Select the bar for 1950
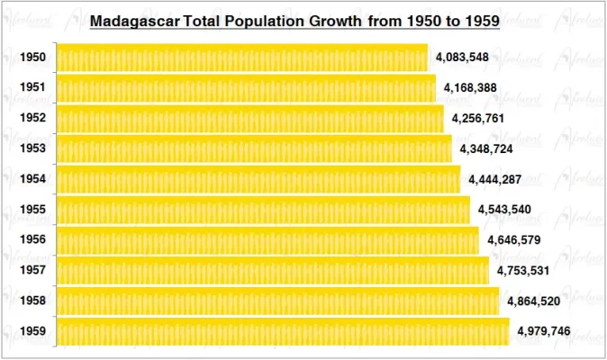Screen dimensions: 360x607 (x=242, y=58)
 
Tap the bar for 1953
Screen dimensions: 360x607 (x=254, y=148)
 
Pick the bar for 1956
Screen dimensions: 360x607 (x=267, y=240)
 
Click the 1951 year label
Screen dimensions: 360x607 (x=33, y=88)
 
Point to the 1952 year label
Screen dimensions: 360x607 (x=33, y=119)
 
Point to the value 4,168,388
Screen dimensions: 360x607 (x=470, y=88)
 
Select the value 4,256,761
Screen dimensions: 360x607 (x=478, y=119)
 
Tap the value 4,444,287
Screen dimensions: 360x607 (x=495, y=180)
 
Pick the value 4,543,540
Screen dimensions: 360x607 (x=504, y=211)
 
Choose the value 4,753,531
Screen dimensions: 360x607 (x=523, y=271)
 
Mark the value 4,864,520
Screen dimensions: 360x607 (x=534, y=301)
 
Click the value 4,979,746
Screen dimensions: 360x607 (x=543, y=332)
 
